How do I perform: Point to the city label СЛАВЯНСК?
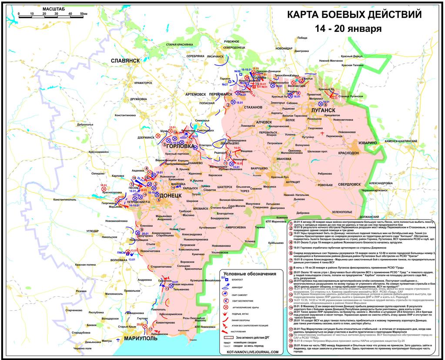pyautogui.click(x=124, y=61)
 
